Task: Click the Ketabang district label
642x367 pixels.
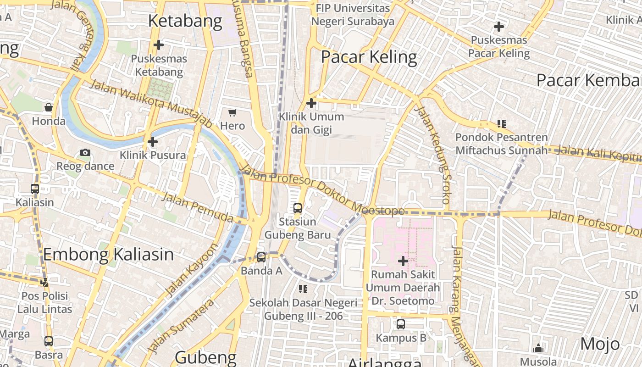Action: tap(185, 21)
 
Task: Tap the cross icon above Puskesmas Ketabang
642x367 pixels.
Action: tap(159, 45)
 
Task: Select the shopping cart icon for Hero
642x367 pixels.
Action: tap(232, 112)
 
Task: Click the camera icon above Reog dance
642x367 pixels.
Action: tap(85, 153)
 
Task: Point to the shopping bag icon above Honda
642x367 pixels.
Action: tap(49, 108)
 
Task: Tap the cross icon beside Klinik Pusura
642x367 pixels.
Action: tap(153, 142)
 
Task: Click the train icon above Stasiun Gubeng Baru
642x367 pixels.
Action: tap(298, 208)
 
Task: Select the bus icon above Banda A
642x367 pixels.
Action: tap(261, 257)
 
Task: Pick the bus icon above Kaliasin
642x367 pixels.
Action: tap(35, 189)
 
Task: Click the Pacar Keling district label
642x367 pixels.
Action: tap(369, 57)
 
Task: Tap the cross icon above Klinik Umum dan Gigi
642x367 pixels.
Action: tap(311, 103)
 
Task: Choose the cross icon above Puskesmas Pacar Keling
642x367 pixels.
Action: tap(499, 27)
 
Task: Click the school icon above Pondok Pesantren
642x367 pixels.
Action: tap(502, 124)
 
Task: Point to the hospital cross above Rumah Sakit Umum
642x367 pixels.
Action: tap(403, 261)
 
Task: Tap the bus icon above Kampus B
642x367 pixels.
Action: tap(401, 324)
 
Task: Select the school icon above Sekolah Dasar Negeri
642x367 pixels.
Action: tap(303, 289)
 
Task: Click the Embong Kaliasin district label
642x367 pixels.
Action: tap(109, 255)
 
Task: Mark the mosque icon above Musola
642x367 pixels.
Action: tap(538, 348)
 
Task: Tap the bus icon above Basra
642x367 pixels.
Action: tap(49, 341)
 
